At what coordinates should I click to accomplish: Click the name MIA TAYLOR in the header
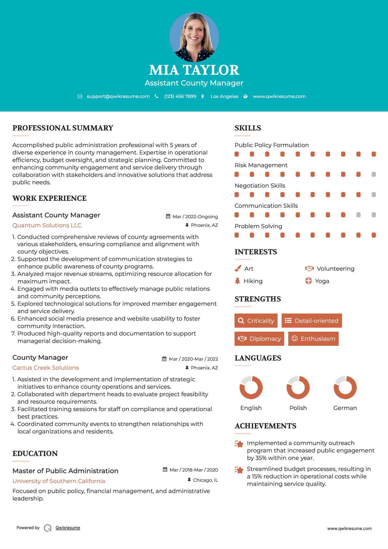coord(194,70)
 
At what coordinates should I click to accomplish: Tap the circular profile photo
coord(194,37)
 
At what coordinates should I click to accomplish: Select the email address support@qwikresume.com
coord(118,96)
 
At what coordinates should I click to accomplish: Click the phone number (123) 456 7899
coord(180,96)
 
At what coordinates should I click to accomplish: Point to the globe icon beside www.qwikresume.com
coord(245,96)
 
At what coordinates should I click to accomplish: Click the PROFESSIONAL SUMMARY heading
coord(63,128)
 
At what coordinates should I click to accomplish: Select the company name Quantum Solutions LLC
coord(47,225)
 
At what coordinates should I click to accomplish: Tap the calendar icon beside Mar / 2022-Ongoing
coord(168,217)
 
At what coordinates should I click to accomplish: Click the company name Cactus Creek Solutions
coord(46,368)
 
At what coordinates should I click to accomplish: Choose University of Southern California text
coord(59,481)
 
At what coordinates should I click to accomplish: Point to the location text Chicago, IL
coord(205,480)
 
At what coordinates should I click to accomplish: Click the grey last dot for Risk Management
coord(374,174)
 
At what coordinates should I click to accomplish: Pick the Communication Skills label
coord(266,206)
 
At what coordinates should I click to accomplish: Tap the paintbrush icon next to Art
coord(238,269)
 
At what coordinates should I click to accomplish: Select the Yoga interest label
coord(322,281)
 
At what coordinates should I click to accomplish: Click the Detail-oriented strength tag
coord(312,321)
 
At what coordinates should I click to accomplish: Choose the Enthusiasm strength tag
coord(313,339)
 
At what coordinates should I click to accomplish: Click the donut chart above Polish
coord(298,387)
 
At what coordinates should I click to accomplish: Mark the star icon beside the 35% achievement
coord(239,444)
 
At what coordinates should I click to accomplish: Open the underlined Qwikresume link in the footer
coord(68,528)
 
